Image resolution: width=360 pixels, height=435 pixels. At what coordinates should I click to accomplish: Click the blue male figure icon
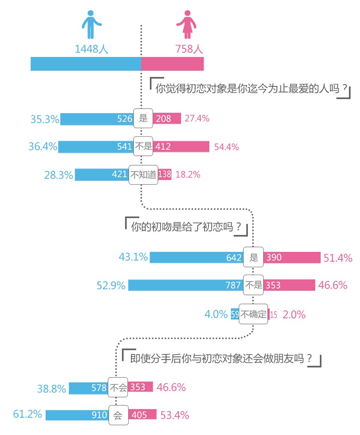tap(90, 24)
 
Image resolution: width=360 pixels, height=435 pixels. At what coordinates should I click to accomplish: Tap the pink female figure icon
tap(186, 24)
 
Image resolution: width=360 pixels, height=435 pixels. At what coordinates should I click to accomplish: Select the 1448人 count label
tap(91, 49)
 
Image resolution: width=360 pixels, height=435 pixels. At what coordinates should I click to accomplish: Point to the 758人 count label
tap(189, 49)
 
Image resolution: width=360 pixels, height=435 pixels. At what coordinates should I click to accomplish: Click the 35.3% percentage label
tap(45, 119)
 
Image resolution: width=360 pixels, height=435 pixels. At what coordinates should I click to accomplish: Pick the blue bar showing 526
tap(97, 119)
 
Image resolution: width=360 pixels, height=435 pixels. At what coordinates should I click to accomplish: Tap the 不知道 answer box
tap(143, 175)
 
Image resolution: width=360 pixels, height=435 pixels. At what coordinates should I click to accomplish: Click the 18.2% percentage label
tap(188, 175)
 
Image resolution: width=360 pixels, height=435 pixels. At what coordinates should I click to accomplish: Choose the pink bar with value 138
tap(165, 175)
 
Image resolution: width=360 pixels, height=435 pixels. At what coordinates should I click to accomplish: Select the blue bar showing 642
tap(196, 257)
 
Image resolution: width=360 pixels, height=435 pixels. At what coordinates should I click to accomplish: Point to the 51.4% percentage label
tap(338, 258)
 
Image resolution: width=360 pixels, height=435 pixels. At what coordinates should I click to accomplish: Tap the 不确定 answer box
tap(253, 314)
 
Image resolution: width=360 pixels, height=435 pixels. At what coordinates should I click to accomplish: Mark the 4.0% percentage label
tap(216, 314)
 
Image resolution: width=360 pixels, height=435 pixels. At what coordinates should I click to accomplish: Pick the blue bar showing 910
tap(77, 415)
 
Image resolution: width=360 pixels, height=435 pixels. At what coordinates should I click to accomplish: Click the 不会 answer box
tap(118, 387)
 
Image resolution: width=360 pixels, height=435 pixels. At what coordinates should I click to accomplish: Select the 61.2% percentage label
tap(27, 414)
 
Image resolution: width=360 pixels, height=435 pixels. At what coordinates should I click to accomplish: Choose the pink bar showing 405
tap(142, 414)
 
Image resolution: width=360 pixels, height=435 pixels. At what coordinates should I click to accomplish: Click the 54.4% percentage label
tap(226, 147)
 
